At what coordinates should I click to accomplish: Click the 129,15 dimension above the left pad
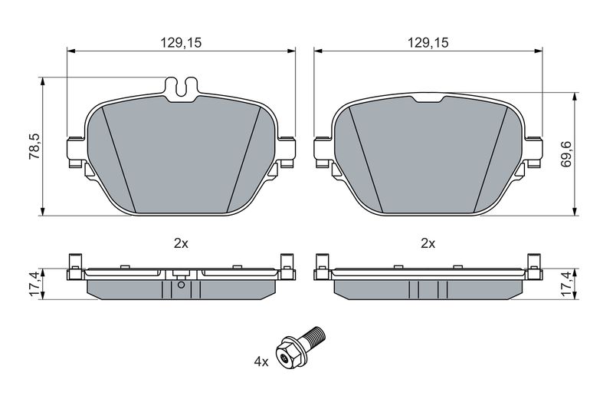pyautogui.click(x=181, y=43)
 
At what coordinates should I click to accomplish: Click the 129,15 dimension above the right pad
pyautogui.click(x=428, y=43)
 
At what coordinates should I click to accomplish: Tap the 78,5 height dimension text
pyautogui.click(x=34, y=146)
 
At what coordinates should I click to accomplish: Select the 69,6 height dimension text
pyautogui.click(x=565, y=153)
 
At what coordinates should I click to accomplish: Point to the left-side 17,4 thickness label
pyautogui.click(x=34, y=284)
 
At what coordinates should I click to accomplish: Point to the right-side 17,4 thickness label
pyautogui.click(x=565, y=284)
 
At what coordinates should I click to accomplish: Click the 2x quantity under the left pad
pyautogui.click(x=181, y=244)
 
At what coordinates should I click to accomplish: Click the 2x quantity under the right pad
pyautogui.click(x=428, y=244)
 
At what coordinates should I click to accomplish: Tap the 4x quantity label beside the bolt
pyautogui.click(x=261, y=362)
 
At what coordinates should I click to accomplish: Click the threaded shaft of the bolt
pyautogui.click(x=315, y=336)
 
